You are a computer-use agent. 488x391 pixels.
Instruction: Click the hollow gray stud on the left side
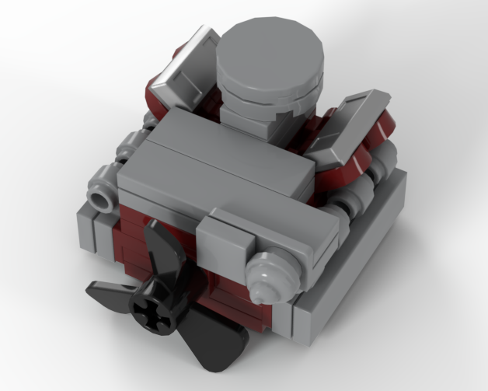(100, 201)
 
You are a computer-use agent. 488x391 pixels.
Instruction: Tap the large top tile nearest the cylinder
(233, 140)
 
